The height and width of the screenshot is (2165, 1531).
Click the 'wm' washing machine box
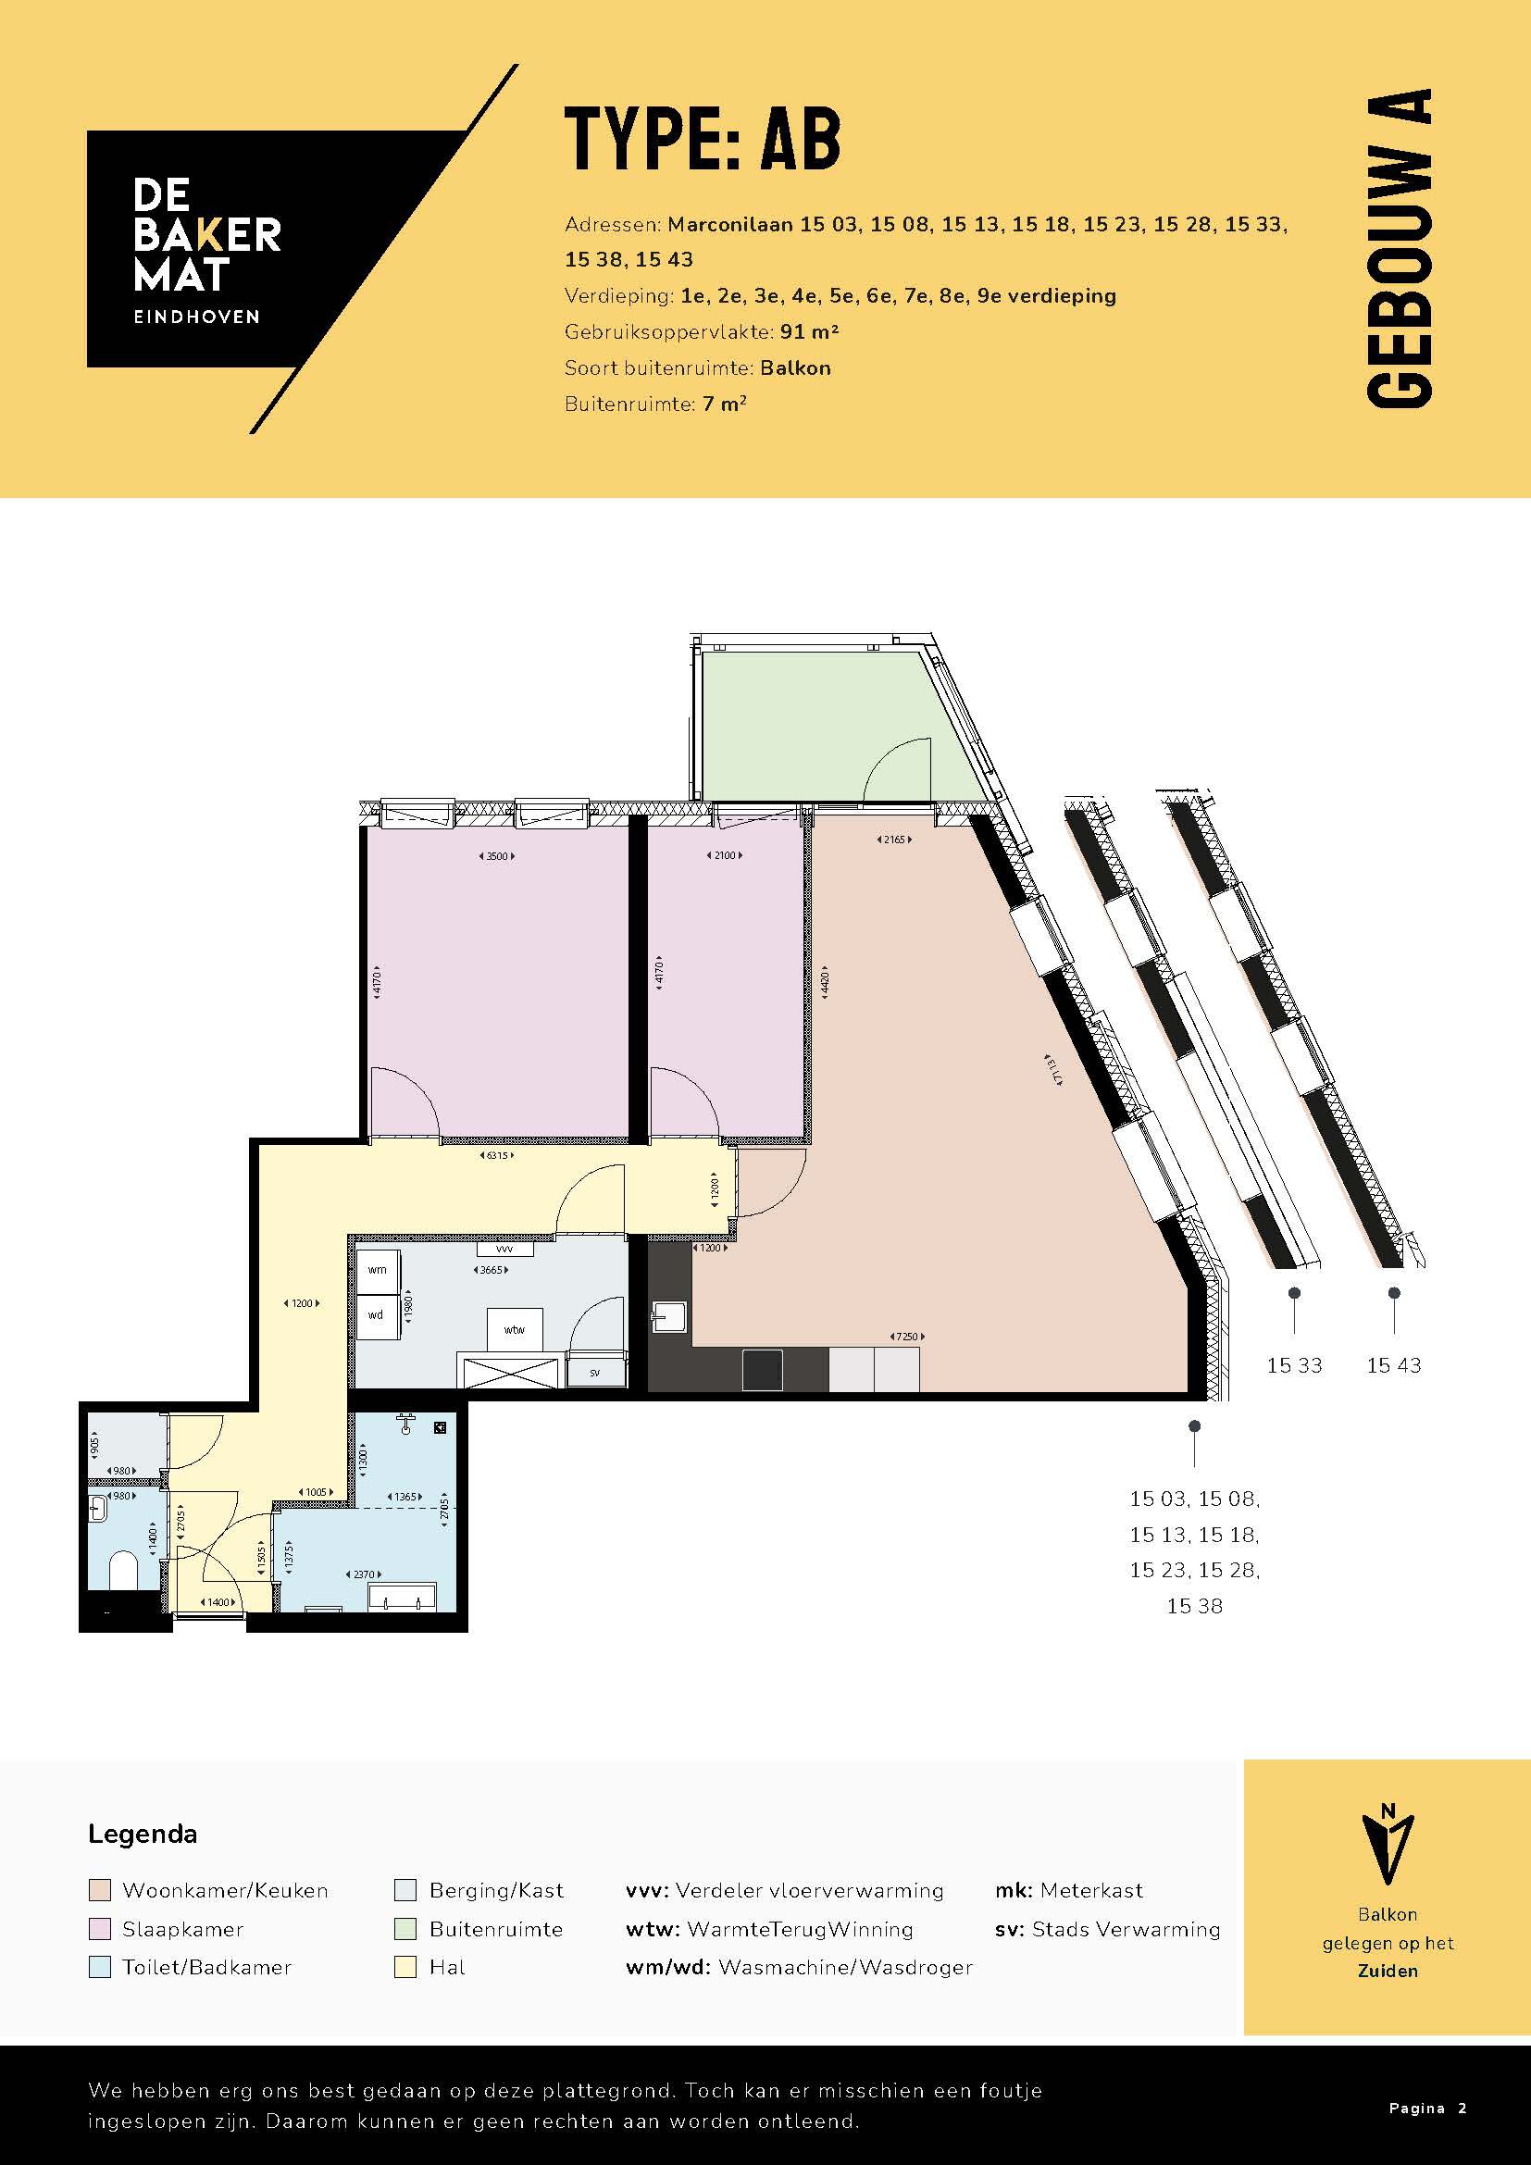(377, 1270)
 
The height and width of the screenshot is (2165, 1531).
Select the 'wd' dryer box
(377, 1314)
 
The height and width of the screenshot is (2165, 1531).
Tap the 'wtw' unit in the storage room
(514, 1329)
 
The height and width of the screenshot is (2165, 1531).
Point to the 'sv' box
(595, 1373)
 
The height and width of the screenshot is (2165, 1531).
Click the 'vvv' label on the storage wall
(504, 1250)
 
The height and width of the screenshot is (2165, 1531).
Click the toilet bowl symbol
(122, 1571)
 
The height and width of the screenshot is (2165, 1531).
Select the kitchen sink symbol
(669, 1316)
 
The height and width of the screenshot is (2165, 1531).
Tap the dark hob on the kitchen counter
(762, 1370)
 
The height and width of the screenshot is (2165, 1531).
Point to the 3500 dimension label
(498, 856)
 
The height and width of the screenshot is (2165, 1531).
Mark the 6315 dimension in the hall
(498, 1155)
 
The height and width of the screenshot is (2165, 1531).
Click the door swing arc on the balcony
(896, 765)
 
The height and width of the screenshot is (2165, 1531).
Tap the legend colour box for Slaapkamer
(100, 1929)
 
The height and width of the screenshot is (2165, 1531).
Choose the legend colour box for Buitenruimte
(405, 1929)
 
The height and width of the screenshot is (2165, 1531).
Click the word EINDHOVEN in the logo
(196, 317)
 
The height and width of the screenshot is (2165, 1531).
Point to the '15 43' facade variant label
(1393, 1364)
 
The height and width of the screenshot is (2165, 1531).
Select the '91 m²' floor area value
(809, 332)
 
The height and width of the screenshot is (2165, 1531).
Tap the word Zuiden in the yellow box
(1387, 1971)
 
